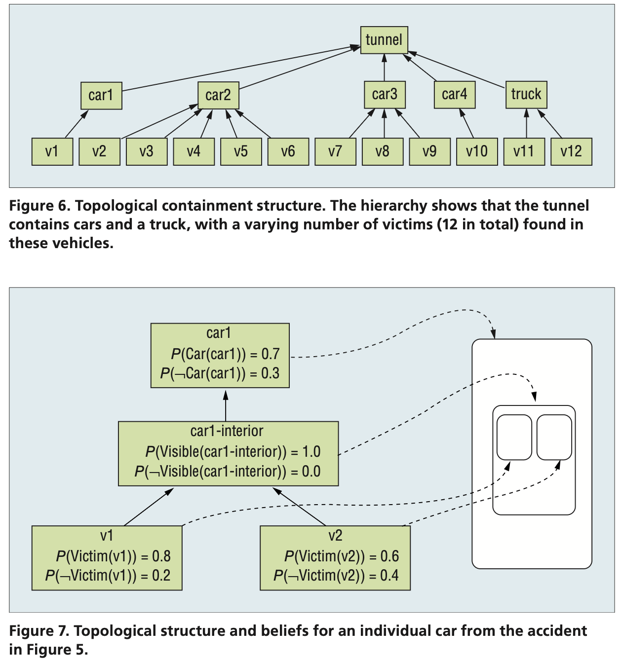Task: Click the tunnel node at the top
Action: [x=384, y=40]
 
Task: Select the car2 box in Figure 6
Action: [x=218, y=95]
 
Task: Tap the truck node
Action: [x=526, y=95]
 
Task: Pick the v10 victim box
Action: [x=477, y=151]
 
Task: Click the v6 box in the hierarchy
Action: [x=288, y=151]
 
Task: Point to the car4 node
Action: [x=455, y=95]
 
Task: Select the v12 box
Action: [x=571, y=151]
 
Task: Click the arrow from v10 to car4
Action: [x=467, y=123]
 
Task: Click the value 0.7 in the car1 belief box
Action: [x=271, y=354]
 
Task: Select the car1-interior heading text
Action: [x=227, y=431]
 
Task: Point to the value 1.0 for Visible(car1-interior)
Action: [x=311, y=452]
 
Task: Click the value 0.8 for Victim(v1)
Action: [x=161, y=556]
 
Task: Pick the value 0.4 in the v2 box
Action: [x=389, y=576]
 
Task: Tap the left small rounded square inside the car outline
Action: [x=514, y=437]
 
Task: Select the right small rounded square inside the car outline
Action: [x=554, y=437]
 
